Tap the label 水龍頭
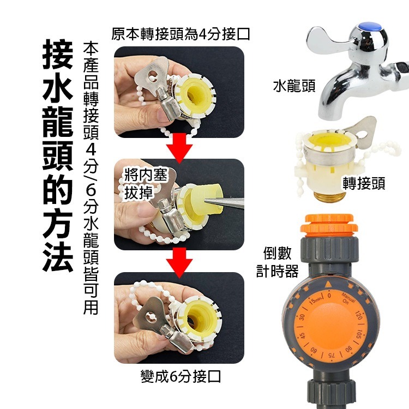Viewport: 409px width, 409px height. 294,86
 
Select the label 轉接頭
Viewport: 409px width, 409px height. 364,184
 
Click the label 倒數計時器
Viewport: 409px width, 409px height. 278,262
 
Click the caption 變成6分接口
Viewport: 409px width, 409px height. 181,376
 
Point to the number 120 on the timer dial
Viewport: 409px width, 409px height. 360,316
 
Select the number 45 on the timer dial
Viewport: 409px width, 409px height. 298,331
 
